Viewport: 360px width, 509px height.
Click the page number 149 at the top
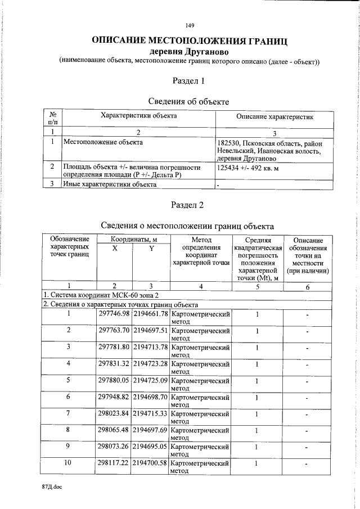[190, 25]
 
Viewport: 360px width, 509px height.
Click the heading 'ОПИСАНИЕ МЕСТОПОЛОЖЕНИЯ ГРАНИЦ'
[190, 40]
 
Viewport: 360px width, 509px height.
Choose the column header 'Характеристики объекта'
[138, 116]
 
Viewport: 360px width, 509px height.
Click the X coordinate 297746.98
[114, 313]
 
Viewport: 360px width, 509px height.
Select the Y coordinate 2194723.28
[150, 364]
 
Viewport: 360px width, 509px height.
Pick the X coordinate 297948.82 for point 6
[114, 397]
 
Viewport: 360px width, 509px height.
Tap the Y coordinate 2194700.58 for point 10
[150, 463]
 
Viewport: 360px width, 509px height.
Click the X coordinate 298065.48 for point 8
[114, 430]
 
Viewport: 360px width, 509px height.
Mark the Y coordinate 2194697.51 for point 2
[150, 330]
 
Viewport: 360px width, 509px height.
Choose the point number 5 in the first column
[69, 380]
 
